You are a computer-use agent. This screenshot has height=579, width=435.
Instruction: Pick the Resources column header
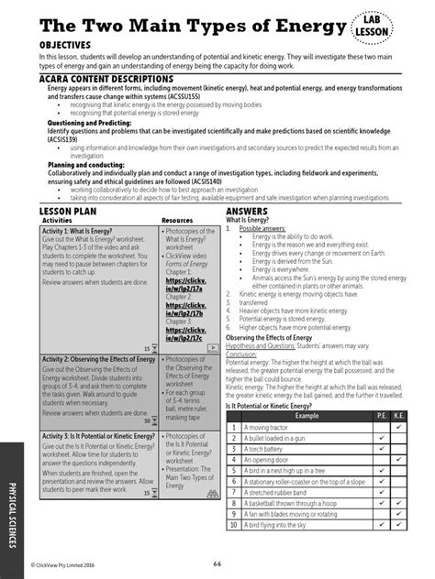click(177, 221)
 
